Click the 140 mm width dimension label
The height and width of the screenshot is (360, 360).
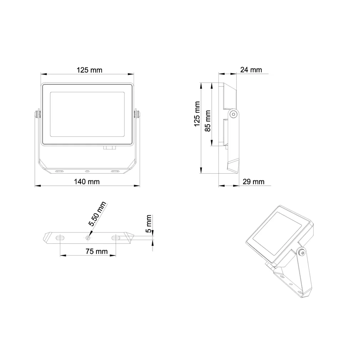click(x=87, y=181)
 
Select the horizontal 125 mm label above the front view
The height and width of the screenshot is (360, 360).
click(x=89, y=70)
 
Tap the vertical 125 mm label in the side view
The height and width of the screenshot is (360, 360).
click(x=197, y=114)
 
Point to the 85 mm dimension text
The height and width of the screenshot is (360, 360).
click(x=208, y=121)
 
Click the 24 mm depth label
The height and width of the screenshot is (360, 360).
click(x=251, y=70)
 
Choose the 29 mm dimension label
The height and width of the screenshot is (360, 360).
click(x=253, y=181)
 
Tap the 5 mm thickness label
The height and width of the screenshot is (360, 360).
click(x=149, y=223)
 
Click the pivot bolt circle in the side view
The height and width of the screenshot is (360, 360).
click(x=233, y=114)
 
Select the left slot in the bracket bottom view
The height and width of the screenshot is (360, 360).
click(x=60, y=237)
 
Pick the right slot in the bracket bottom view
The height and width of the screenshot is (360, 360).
click(x=117, y=237)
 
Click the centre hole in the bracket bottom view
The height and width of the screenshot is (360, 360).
click(x=88, y=237)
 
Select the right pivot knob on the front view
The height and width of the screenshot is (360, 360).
click(x=137, y=114)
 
